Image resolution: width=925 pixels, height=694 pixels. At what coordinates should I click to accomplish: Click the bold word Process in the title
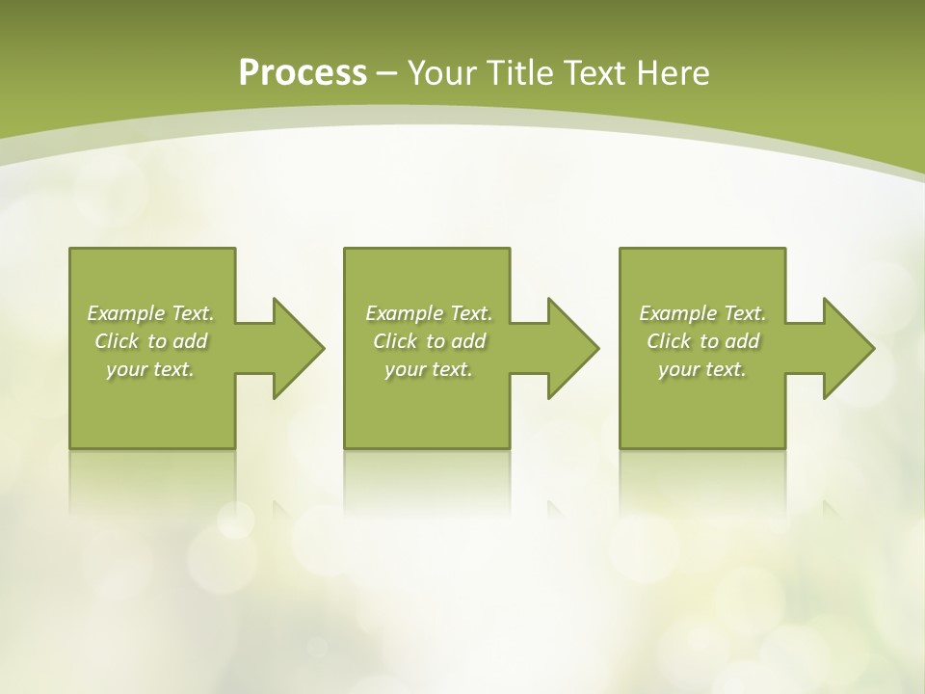[x=303, y=73]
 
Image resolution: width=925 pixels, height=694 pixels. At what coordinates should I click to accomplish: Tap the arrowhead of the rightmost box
[x=849, y=348]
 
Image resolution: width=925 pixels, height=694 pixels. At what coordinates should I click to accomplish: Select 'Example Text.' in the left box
[x=150, y=313]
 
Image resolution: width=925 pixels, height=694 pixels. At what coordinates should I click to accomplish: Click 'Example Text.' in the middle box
[x=429, y=313]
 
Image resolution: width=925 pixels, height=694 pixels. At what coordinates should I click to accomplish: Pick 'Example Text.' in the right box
[x=702, y=313]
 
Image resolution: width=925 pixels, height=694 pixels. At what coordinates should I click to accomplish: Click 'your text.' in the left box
[x=150, y=369]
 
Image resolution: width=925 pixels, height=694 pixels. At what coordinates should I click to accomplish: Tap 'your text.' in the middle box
[x=429, y=369]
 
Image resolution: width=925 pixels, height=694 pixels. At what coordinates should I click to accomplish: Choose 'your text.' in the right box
[x=702, y=369]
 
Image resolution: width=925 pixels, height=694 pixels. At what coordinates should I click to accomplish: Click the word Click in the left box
[x=117, y=341]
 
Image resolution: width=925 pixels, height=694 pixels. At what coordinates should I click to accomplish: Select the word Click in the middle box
[x=395, y=341]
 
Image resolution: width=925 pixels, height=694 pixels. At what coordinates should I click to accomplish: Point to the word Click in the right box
[x=669, y=341]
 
